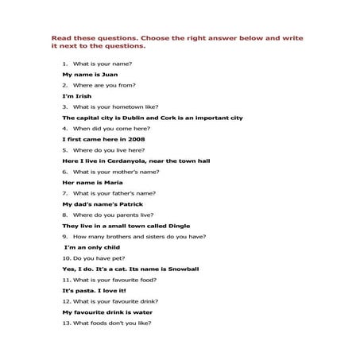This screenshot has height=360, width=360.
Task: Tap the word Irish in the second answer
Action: click(82, 95)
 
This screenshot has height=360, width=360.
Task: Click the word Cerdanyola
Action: click(130, 161)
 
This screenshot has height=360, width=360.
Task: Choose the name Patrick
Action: click(115, 203)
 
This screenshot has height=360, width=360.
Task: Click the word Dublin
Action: click(143, 117)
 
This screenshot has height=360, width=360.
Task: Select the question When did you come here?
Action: click(109, 128)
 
